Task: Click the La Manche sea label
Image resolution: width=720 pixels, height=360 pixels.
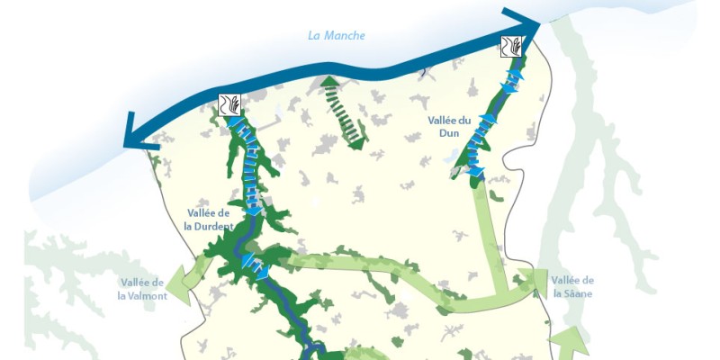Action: click(x=337, y=36)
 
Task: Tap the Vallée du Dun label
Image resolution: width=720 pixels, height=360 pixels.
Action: click(x=445, y=126)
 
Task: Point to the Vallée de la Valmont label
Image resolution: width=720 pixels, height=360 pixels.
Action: click(x=143, y=289)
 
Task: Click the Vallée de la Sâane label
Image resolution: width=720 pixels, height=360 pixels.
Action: click(x=572, y=286)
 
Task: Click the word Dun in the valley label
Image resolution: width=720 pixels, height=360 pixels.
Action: click(x=445, y=133)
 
